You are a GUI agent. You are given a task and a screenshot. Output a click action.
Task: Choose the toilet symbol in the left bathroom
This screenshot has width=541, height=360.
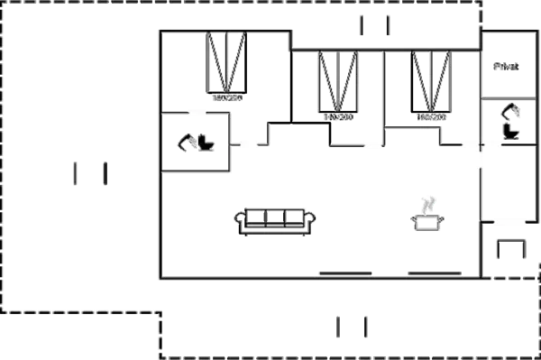coord(195,141)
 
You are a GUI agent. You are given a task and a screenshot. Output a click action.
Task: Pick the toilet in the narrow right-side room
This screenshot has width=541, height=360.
coord(510,120)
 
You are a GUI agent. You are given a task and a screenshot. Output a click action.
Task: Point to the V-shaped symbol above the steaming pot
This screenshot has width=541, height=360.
coord(431,81)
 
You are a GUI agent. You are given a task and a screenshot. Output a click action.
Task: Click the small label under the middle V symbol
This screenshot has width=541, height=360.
coord(338,117)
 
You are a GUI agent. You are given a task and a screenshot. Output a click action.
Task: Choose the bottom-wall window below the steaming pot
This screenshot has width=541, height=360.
coord(435,272)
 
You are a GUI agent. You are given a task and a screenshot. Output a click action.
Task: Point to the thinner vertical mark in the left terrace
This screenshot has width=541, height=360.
coord(105,173)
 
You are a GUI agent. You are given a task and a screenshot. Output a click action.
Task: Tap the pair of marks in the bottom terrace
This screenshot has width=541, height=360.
coord(353,326)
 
